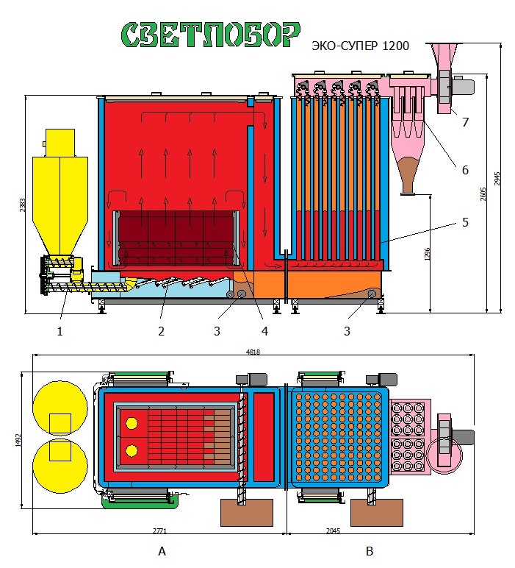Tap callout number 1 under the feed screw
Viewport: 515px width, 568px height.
[60, 331]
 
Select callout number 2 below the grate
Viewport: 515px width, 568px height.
[160, 331]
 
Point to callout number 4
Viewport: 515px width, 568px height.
[264, 331]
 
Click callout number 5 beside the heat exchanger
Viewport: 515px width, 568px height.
[464, 221]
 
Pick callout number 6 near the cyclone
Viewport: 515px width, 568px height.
[464, 170]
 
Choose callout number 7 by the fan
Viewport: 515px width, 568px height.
[466, 122]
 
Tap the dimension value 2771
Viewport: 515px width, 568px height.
[159, 529]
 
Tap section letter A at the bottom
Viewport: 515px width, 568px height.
[161, 551]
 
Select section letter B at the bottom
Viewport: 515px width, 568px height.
[370, 551]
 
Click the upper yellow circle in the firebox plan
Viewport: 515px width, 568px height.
[132, 423]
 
